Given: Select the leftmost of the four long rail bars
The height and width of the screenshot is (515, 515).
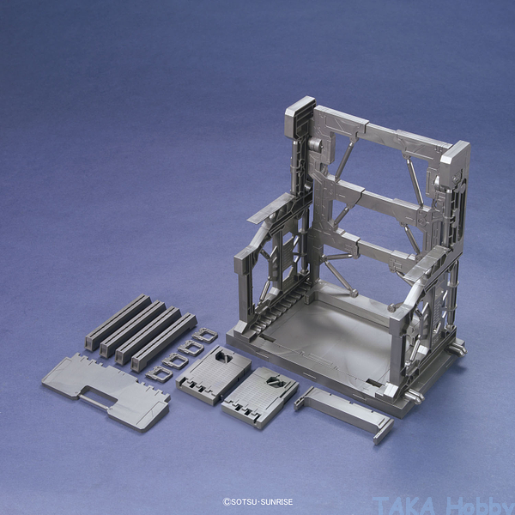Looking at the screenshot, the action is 118,322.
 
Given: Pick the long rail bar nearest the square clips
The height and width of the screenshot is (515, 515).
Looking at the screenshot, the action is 164,342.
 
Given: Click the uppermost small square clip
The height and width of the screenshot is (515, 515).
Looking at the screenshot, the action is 205,336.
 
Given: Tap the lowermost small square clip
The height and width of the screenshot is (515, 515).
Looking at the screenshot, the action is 160,374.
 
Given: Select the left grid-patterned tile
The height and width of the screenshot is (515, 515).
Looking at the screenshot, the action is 214,374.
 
